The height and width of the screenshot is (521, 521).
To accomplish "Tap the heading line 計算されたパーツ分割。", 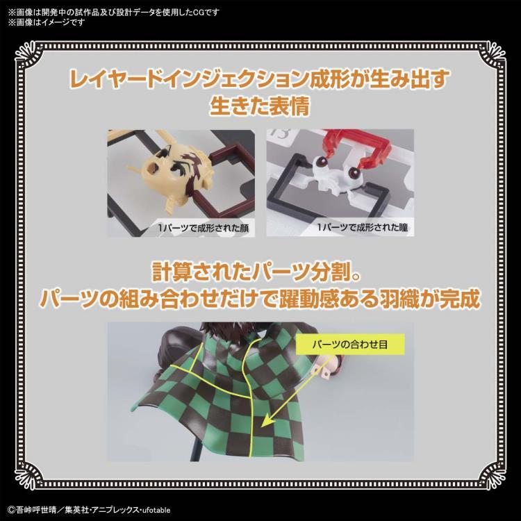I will click(260, 270).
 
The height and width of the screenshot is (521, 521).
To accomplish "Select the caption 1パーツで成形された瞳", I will click(338, 227).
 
